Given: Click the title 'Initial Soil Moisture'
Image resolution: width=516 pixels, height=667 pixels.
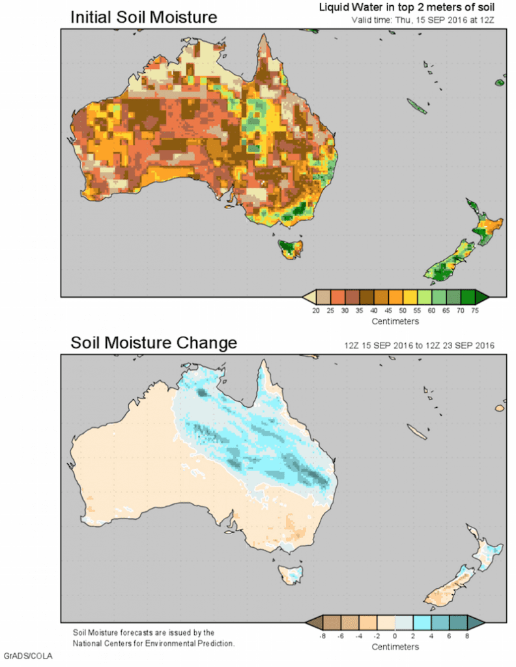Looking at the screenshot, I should click(143, 18).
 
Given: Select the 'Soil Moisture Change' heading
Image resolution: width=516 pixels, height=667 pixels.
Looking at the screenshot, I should click(154, 342).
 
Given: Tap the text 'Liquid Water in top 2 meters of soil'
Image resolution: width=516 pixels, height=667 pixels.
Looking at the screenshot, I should click(407, 7).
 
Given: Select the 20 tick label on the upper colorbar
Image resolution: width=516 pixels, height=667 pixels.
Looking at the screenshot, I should click(315, 311).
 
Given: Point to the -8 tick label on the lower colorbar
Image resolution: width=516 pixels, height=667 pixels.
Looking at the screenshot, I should click(315, 636).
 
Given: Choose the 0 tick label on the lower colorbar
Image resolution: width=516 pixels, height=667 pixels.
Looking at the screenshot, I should click(395, 636).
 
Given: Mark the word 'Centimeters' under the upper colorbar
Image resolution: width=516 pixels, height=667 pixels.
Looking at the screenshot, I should click(395, 321).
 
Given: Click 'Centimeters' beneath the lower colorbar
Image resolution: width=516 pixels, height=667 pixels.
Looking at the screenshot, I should click(395, 646).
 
